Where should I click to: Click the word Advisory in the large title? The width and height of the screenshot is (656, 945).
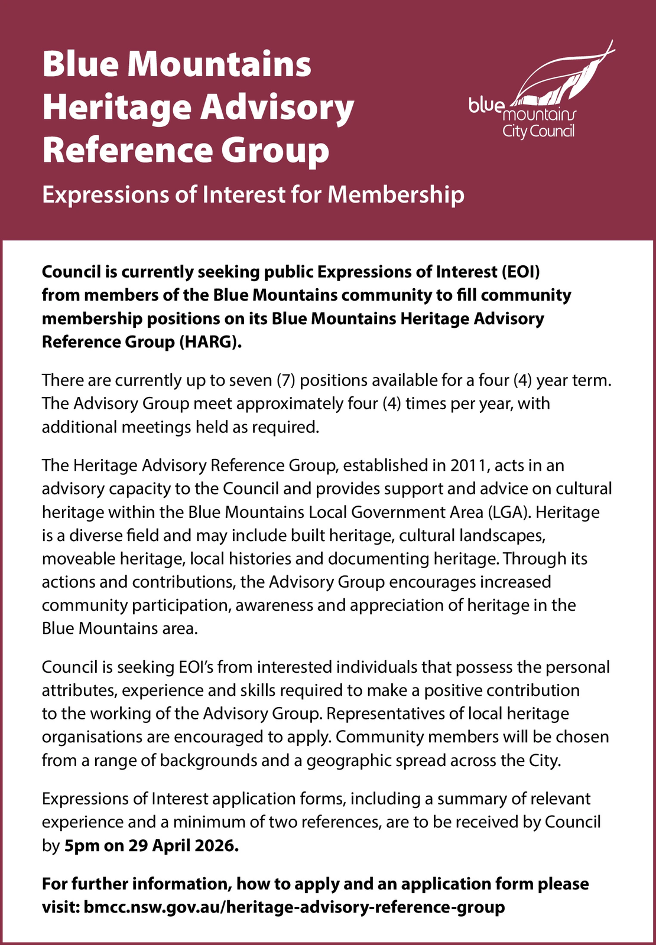click(277, 108)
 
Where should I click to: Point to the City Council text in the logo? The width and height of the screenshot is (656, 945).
click(538, 131)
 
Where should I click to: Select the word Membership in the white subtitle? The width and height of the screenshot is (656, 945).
click(396, 194)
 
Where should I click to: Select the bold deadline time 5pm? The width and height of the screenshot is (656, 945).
click(82, 846)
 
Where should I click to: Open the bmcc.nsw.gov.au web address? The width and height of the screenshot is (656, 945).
click(294, 907)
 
